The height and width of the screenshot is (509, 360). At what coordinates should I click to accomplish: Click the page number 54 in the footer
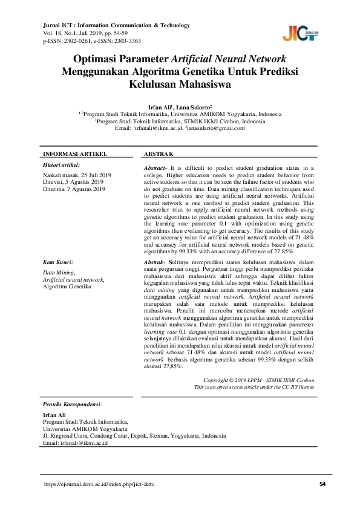point(322,484)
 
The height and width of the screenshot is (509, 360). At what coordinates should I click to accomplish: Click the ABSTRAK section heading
point(160,154)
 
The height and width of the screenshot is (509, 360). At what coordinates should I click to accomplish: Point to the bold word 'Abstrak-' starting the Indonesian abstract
point(155,261)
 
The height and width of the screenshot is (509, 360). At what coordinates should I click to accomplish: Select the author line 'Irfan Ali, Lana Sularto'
point(180,106)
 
